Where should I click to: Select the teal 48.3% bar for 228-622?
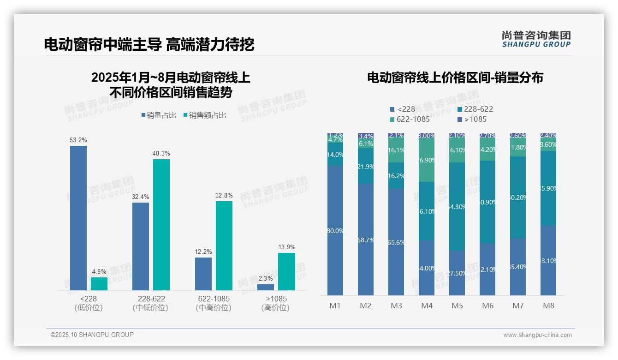pyautogui.click(x=161, y=224)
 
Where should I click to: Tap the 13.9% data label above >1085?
pyautogui.click(x=286, y=247)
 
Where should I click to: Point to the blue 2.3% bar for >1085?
pyautogui.click(x=265, y=287)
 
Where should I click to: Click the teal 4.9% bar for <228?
pyautogui.click(x=99, y=283)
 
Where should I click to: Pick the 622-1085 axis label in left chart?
pyautogui.click(x=213, y=299)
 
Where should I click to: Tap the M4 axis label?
pyautogui.click(x=427, y=306)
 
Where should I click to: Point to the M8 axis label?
pyautogui.click(x=548, y=306)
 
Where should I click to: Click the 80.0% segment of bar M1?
pyautogui.click(x=335, y=230)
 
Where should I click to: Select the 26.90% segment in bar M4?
pyautogui.click(x=427, y=160)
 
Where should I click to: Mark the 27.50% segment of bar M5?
pyautogui.click(x=457, y=273)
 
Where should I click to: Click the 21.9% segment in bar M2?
pyautogui.click(x=365, y=166)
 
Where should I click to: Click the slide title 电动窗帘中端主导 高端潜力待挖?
pyautogui.click(x=149, y=44)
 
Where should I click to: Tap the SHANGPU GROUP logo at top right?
pyautogui.click(x=536, y=39)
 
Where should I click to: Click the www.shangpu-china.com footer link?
pyautogui.click(x=537, y=335)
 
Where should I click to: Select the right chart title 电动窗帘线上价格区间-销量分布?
pyautogui.click(x=455, y=78)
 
